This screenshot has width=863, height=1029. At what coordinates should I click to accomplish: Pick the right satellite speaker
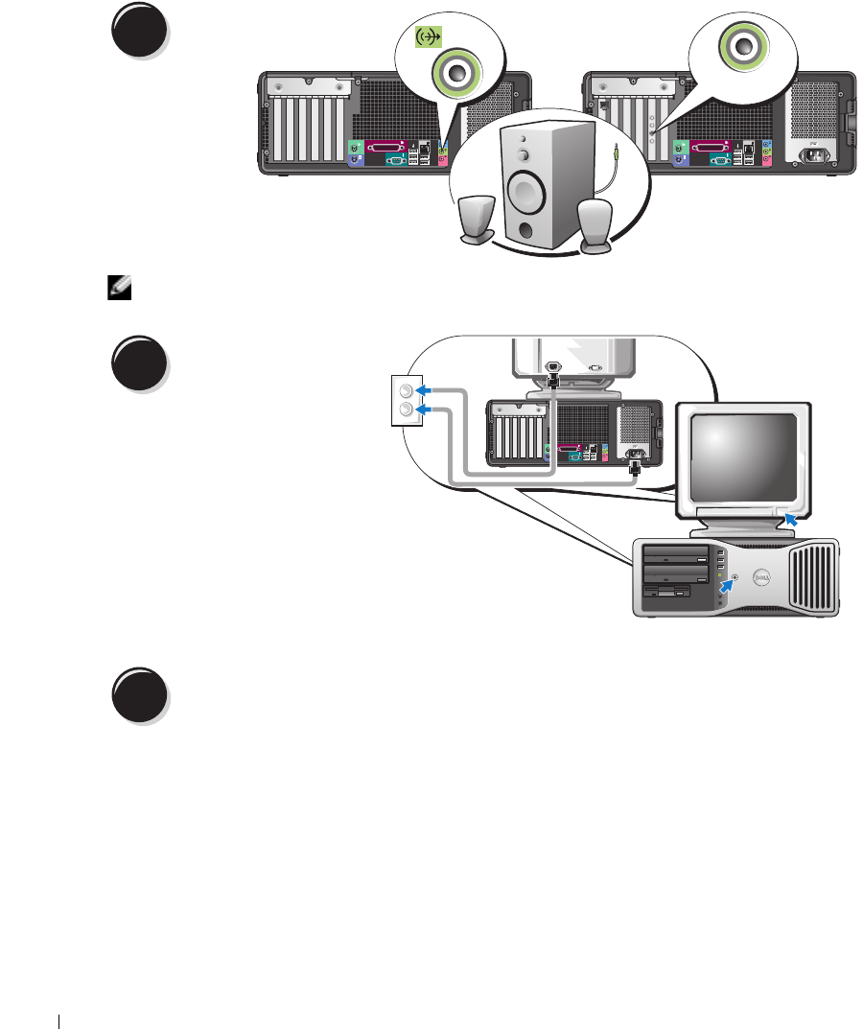pyautogui.click(x=596, y=227)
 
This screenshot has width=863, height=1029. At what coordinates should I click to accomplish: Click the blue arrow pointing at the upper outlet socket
pyautogui.click(x=439, y=390)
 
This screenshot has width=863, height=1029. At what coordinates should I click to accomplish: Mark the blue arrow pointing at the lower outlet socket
pyautogui.click(x=439, y=410)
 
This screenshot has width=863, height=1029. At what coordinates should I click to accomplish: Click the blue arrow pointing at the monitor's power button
pyautogui.click(x=790, y=519)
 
